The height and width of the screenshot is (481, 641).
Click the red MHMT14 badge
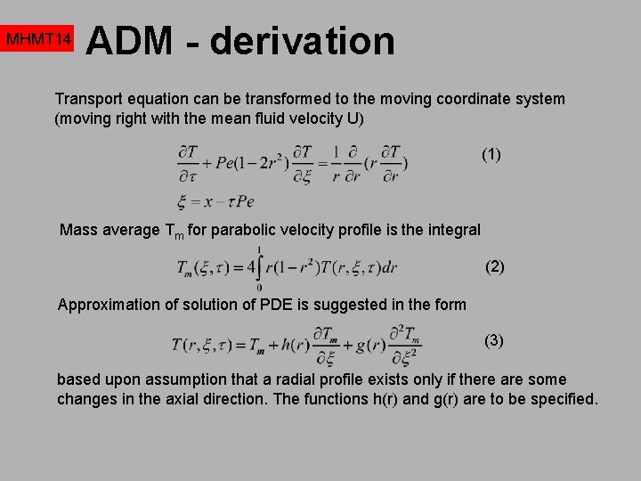point(37,40)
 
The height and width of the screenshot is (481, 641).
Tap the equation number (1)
point(491,154)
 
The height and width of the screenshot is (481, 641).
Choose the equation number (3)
point(494,340)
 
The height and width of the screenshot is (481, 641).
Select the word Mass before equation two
point(78,230)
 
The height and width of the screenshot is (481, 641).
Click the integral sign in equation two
point(258,266)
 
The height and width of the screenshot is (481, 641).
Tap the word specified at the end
point(564,399)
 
